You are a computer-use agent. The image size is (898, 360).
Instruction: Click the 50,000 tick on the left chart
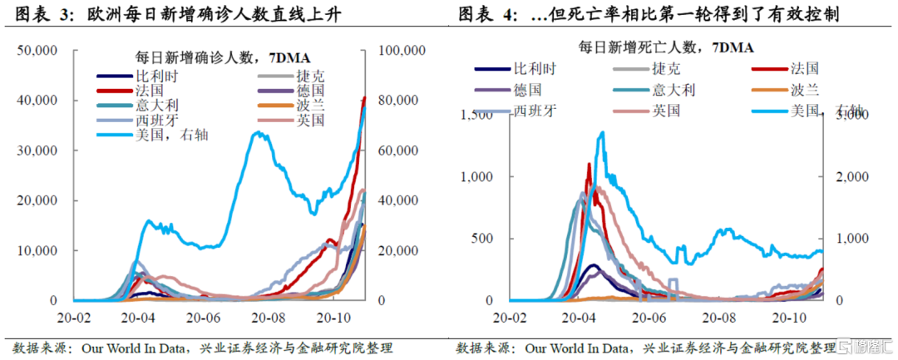point(37,51)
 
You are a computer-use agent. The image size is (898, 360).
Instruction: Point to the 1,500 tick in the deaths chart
point(476,115)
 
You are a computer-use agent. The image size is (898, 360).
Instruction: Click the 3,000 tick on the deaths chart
point(847,115)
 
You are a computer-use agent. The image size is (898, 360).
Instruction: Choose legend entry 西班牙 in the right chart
point(531,109)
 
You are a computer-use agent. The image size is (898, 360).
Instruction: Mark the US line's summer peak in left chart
point(260,134)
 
